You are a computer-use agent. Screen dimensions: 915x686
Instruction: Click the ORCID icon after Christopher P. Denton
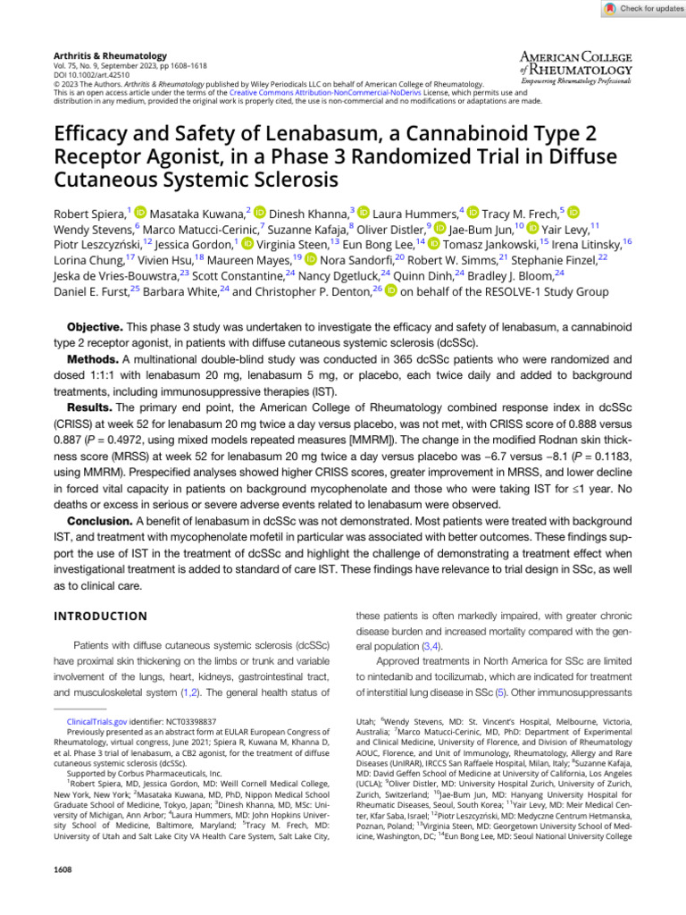(x=391, y=291)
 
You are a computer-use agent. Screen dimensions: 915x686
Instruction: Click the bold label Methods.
(x=95, y=358)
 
